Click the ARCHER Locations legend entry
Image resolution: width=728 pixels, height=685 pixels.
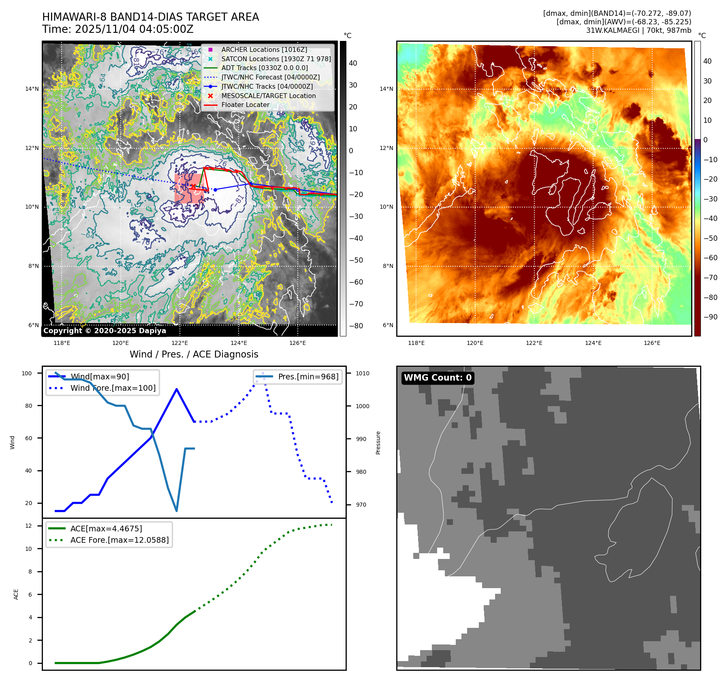[x=264, y=49]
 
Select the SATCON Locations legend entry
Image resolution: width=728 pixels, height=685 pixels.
[x=276, y=59]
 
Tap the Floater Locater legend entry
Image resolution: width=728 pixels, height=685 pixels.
[x=245, y=105]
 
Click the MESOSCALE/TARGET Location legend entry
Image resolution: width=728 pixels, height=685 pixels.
[x=268, y=96]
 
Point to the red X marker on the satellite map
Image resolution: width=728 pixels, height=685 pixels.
[x=193, y=186]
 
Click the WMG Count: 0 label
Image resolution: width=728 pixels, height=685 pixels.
[x=438, y=378]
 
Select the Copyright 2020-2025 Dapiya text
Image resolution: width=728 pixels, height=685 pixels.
[x=105, y=331]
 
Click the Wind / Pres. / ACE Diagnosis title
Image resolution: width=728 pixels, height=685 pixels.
[x=194, y=354]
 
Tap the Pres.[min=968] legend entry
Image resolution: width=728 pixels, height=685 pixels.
[x=308, y=377]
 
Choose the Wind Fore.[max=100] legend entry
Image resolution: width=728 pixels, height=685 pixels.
[x=113, y=388]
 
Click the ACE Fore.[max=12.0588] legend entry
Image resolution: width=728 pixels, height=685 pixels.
[x=119, y=540]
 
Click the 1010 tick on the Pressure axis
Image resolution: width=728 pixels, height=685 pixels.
[x=363, y=373]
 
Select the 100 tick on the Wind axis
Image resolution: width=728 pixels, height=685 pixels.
[x=27, y=373]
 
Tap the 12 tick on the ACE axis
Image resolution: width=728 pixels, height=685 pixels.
[x=28, y=526]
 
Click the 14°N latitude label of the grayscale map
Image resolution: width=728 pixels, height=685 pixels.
[x=32, y=89]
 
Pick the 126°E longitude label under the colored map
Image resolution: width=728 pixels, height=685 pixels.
[x=652, y=343]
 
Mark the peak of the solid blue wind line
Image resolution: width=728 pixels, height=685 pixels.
[x=177, y=389]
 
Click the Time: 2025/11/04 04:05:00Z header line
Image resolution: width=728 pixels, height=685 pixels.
[x=117, y=29]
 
